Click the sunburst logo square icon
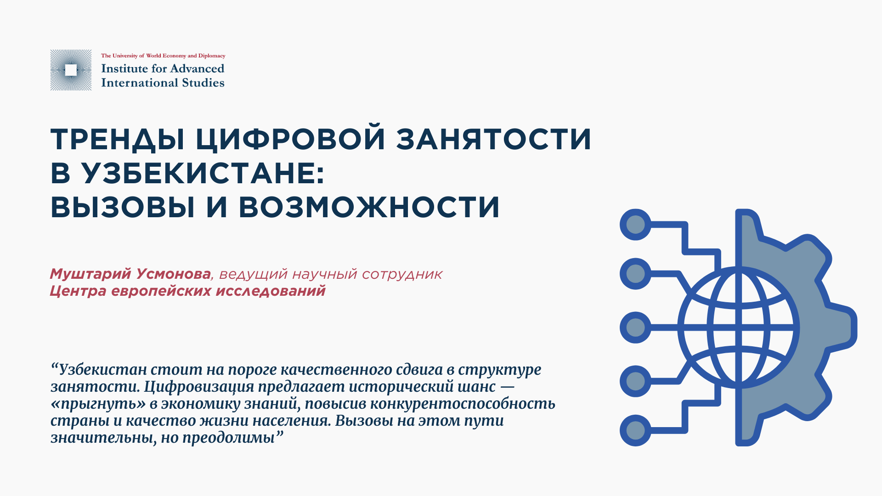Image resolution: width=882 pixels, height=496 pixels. tap(71, 70)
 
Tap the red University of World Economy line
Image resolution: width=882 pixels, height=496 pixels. tap(163, 56)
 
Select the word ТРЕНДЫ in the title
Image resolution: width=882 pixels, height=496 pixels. tap(117, 139)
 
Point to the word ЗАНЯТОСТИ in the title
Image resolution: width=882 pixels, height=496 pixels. tap(494, 139)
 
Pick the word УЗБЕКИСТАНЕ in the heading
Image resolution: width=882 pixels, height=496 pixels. tap(202, 173)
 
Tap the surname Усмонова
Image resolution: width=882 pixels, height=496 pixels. tap(174, 274)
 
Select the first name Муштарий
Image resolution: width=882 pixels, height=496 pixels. tap(90, 274)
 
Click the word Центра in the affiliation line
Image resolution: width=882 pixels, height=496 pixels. tap(78, 291)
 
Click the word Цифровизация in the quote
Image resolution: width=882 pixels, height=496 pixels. tap(198, 387)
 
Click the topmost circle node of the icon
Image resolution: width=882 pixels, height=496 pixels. tap(635, 225)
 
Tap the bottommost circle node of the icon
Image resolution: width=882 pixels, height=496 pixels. tap(635, 430)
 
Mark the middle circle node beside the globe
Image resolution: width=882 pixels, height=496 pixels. tap(635, 327)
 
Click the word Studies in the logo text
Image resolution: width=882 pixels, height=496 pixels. tap(203, 83)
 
